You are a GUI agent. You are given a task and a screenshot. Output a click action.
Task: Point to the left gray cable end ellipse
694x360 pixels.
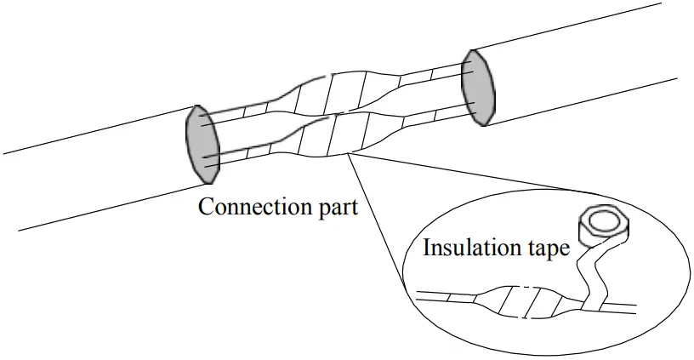202,143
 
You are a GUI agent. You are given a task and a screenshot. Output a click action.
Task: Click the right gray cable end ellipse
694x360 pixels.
478,87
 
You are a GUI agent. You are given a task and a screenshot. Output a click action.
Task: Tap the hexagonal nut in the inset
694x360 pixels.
600,225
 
